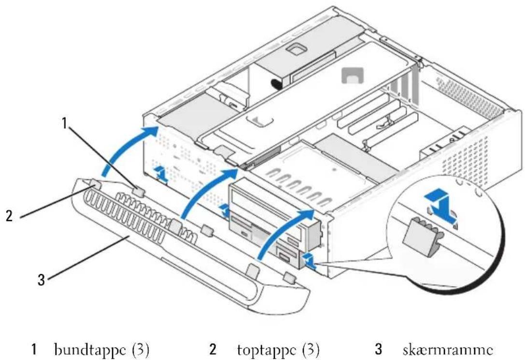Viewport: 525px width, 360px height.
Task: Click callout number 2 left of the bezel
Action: (9, 215)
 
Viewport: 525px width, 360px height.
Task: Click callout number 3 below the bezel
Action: (41, 280)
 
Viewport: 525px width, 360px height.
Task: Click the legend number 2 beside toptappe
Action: (213, 349)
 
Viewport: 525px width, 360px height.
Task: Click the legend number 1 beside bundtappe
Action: (33, 349)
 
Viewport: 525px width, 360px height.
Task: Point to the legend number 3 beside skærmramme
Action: (378, 349)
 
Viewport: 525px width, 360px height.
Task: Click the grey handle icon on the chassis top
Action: (352, 75)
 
